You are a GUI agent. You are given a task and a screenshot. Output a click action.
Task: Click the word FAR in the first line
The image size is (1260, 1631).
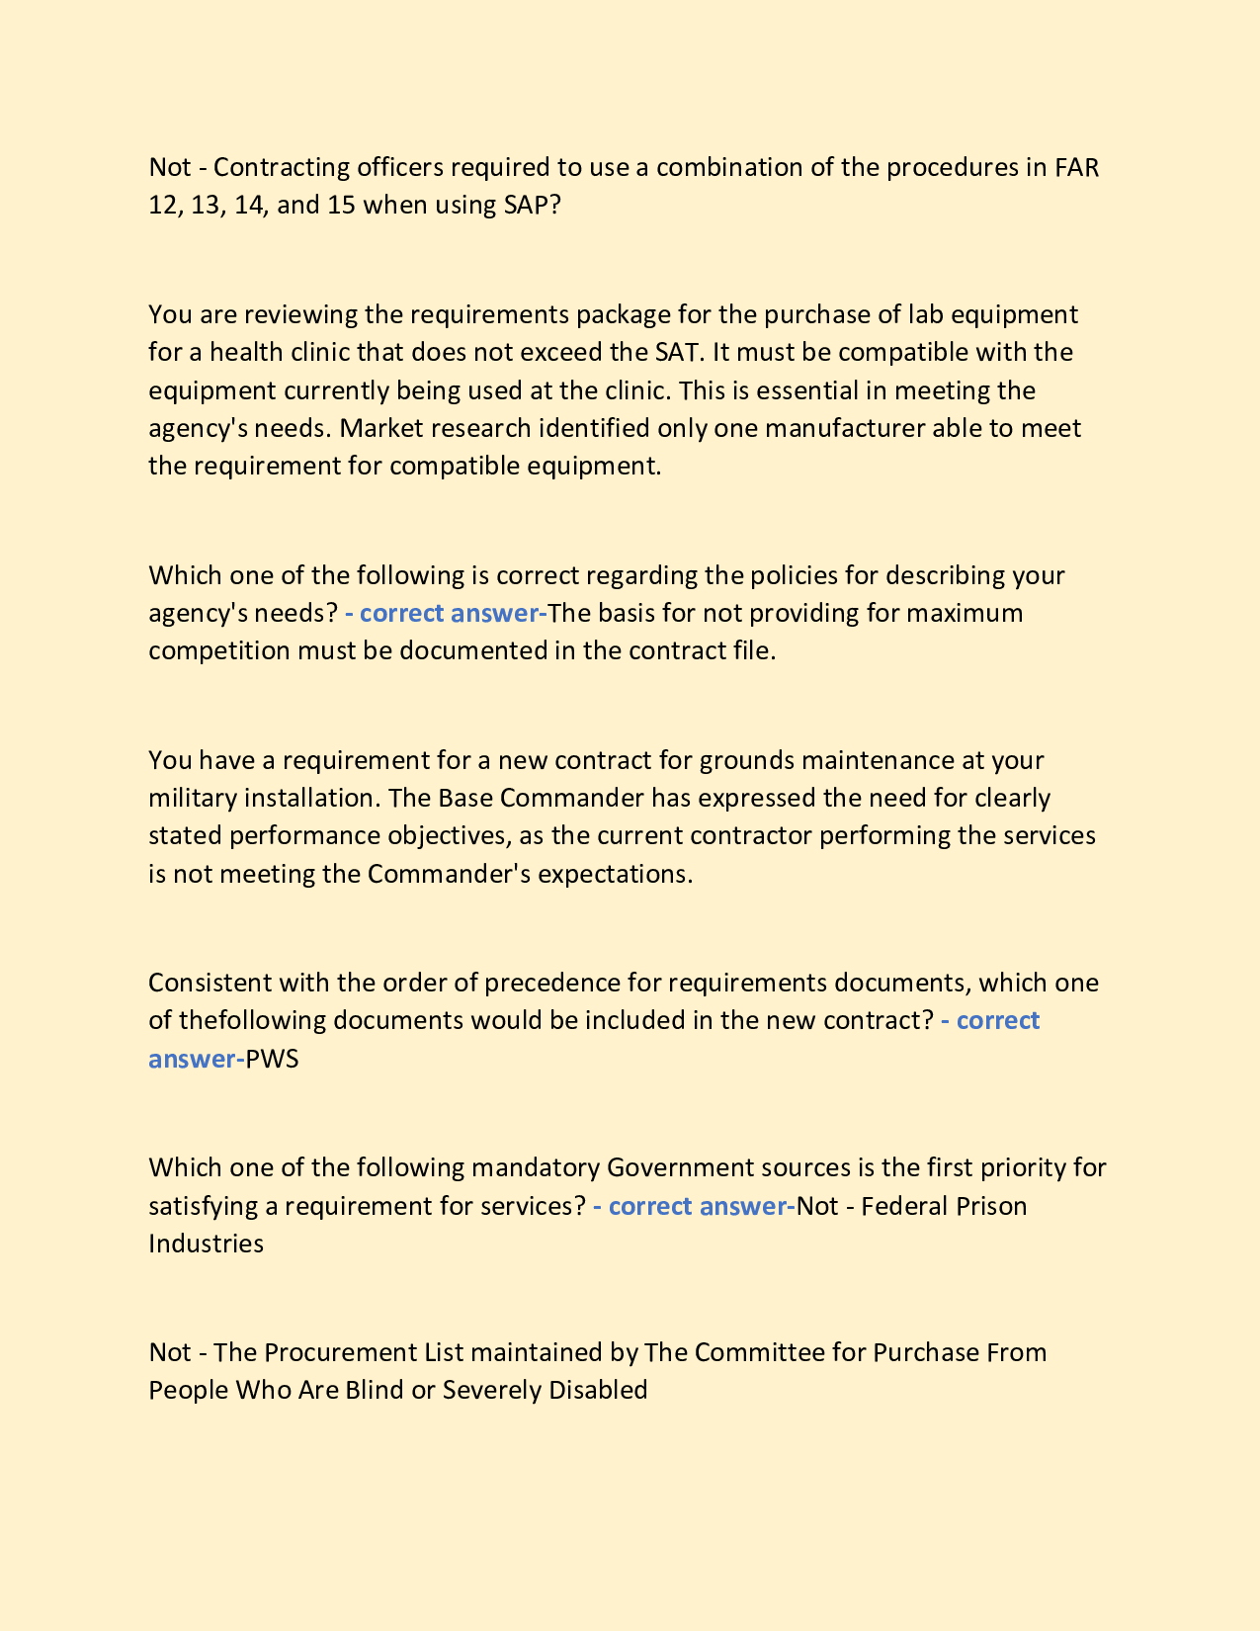click(1076, 167)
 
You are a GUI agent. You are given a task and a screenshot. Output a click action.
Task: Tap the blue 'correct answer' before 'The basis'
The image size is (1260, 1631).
click(447, 613)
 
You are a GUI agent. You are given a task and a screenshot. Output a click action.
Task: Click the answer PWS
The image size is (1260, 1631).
click(272, 1059)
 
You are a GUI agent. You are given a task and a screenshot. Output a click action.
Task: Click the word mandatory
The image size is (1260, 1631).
click(536, 1167)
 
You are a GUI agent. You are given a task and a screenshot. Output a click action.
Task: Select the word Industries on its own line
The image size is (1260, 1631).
click(206, 1243)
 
